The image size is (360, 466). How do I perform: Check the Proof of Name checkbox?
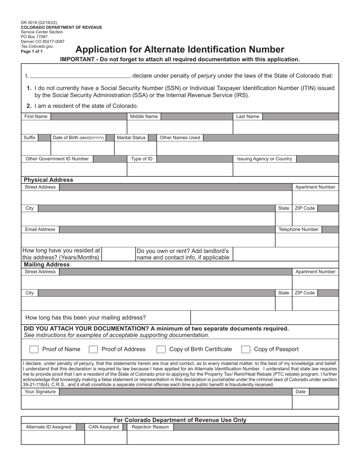pyautogui.click(x=34, y=349)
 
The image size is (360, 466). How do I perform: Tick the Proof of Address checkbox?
pyautogui.click(x=93, y=349)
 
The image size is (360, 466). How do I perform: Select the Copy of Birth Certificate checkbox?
pyautogui.click(x=161, y=349)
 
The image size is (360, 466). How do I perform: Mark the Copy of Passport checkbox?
pyautogui.click(x=246, y=349)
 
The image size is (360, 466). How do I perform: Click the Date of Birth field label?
pyautogui.click(x=78, y=138)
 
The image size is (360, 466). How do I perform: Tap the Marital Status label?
pyautogui.click(x=131, y=138)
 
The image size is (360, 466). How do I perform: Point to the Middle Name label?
pyautogui.click(x=144, y=117)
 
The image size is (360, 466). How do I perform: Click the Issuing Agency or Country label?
pyautogui.click(x=265, y=159)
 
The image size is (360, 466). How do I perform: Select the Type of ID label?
pyautogui.click(x=142, y=159)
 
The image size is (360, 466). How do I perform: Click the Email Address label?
pyautogui.click(x=40, y=230)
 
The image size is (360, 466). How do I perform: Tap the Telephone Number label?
pyautogui.click(x=299, y=230)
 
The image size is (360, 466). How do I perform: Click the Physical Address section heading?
pyautogui.click(x=49, y=180)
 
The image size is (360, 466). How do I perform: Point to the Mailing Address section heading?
pyautogui.click(x=47, y=265)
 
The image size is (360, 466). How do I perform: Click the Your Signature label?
pyautogui.click(x=40, y=392)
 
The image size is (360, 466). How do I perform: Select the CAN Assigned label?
pyautogui.click(x=103, y=427)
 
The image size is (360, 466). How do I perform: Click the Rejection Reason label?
pyautogui.click(x=150, y=427)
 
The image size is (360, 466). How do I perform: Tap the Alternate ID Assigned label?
pyautogui.click(x=49, y=427)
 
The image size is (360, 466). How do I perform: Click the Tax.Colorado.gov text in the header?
pyautogui.click(x=37, y=46)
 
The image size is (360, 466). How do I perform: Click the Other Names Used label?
pyautogui.click(x=180, y=138)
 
